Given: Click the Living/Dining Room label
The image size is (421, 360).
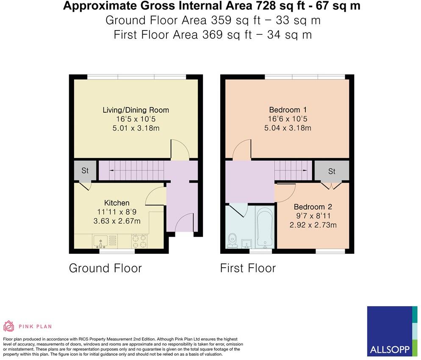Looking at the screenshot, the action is click(136, 110).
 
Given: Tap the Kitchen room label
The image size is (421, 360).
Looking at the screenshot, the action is click(117, 203).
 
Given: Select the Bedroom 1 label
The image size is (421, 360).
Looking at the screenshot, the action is click(288, 110).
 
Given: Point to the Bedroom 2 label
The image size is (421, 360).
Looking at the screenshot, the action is click(313, 207).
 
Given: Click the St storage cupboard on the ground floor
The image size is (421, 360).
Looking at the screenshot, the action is click(85, 170).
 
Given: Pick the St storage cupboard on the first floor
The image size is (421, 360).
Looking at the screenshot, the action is click(332, 171).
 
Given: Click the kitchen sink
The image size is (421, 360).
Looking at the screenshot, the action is click(100, 241).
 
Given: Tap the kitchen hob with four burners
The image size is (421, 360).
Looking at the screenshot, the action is click(139, 241).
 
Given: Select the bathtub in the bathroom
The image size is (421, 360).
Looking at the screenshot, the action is click(265, 227).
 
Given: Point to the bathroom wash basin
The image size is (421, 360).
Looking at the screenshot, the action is click(247, 244).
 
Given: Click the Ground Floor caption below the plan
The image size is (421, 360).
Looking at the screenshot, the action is click(105, 268).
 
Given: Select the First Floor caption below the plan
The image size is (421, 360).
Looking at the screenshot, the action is click(248, 268).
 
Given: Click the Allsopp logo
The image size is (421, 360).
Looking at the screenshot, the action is click(392, 331).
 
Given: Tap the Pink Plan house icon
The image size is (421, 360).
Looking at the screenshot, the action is click(8, 326).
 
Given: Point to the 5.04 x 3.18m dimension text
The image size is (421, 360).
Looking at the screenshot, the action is click(288, 128).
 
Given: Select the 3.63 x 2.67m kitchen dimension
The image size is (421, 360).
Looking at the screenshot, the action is click(117, 221).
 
